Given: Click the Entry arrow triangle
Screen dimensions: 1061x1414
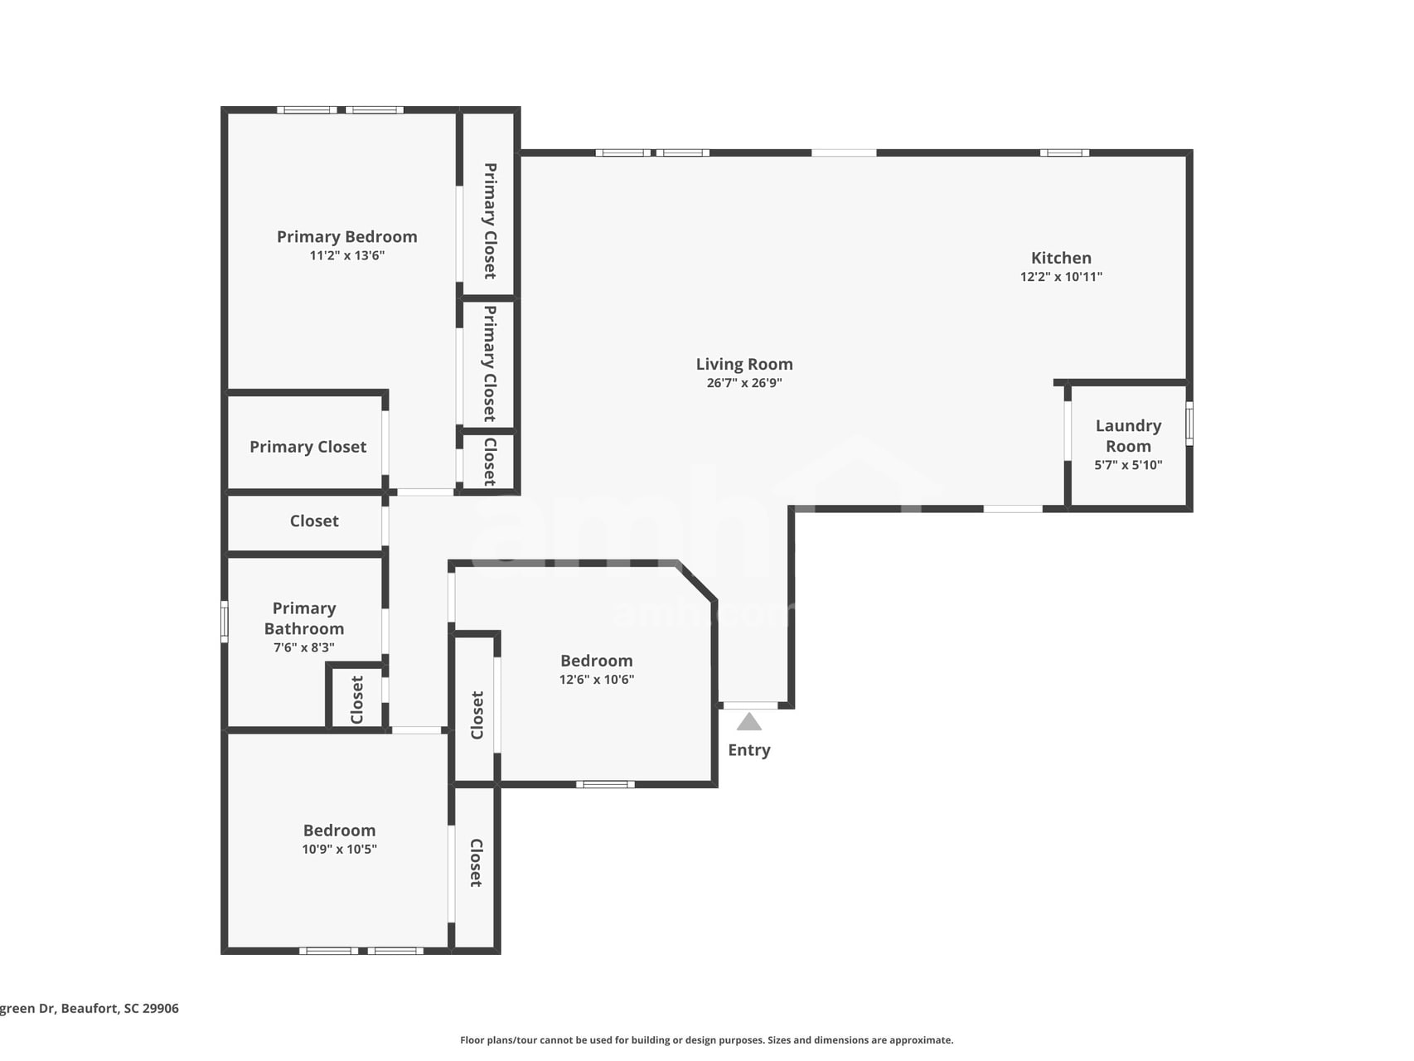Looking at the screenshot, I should pos(748,722).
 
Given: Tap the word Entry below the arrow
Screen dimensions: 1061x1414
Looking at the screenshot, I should pos(748,750).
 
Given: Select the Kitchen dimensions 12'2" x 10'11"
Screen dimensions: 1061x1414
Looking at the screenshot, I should pos(1061,277).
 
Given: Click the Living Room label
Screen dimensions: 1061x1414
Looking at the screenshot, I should pos(743,364).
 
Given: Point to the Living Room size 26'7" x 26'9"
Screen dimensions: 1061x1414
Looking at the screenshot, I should pos(743,383).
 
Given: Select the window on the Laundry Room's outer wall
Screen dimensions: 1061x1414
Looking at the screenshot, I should pos(1189,424).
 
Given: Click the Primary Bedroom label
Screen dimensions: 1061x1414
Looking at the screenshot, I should pos(346,237).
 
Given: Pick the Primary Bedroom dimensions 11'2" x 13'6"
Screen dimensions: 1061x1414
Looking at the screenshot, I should pos(346,255).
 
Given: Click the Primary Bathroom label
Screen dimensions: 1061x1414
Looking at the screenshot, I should pos(303,618).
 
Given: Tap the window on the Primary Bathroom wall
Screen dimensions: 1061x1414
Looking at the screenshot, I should pos(224,622).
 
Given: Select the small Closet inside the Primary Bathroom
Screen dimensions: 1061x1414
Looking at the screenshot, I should pos(357,700).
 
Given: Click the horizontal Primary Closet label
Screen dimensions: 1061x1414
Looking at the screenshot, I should pos(307,447).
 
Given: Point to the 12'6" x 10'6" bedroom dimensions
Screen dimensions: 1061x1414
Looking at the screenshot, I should pos(596,680).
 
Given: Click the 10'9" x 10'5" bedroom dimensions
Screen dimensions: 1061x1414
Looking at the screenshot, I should pos(339,849).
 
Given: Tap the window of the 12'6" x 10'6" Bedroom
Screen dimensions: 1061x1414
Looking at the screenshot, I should pos(605,784).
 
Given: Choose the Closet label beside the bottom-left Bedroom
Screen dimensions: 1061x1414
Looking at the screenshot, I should pos(476,863).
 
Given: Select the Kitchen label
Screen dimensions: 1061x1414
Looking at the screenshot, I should pos(1061,258).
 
